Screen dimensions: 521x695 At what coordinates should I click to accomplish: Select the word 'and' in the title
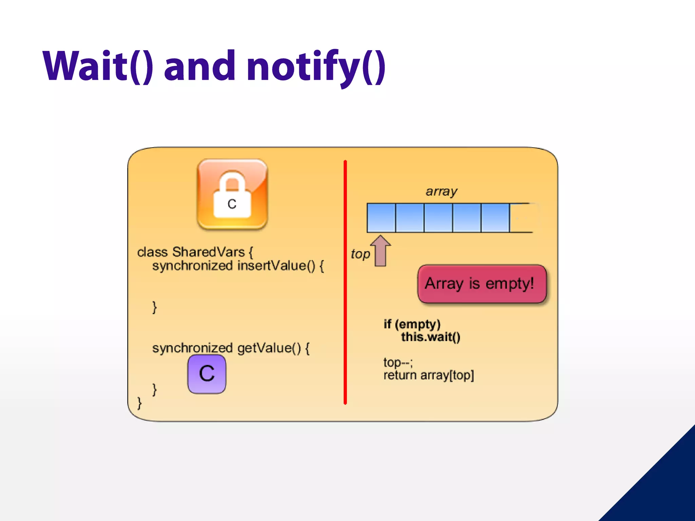pyautogui.click(x=200, y=66)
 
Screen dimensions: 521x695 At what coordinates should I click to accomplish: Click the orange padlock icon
pyautogui.click(x=232, y=194)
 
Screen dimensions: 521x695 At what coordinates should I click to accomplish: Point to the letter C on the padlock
pyautogui.click(x=232, y=204)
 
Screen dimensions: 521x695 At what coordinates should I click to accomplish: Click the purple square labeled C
pyautogui.click(x=207, y=374)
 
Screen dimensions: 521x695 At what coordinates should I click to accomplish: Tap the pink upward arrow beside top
pyautogui.click(x=380, y=251)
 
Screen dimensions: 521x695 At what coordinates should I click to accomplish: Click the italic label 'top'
pyautogui.click(x=360, y=254)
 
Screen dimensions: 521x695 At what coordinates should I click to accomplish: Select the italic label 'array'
pyautogui.click(x=442, y=192)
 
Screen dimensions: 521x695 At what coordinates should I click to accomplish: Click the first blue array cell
pyautogui.click(x=381, y=218)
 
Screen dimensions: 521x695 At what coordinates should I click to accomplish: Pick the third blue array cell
pyautogui.click(x=438, y=218)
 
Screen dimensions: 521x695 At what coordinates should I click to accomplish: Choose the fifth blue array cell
pyautogui.click(x=495, y=218)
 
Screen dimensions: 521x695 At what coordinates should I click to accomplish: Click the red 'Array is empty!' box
pyautogui.click(x=482, y=284)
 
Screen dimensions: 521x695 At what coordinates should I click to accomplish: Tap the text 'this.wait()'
pyautogui.click(x=431, y=337)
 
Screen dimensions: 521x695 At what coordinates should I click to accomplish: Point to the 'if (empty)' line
pyautogui.click(x=412, y=324)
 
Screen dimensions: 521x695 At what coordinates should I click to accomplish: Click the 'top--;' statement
pyautogui.click(x=398, y=363)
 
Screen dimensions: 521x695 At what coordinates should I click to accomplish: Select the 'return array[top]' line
pyautogui.click(x=429, y=375)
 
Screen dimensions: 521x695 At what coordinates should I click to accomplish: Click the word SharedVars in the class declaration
pyautogui.click(x=208, y=252)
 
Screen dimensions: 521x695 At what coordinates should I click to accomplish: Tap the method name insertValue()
pyautogui.click(x=277, y=266)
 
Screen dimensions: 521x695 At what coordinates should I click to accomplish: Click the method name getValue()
pyautogui.click(x=269, y=348)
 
